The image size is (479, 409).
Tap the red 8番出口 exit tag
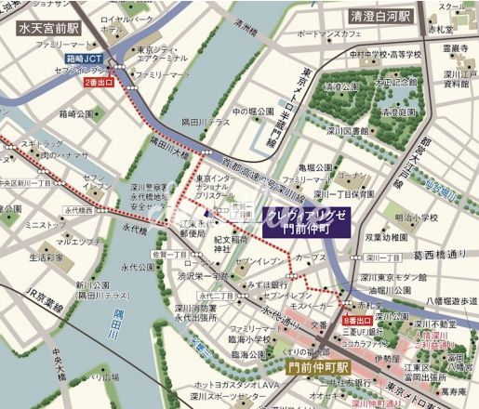click(357, 320)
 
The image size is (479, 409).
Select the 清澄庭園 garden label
click(341, 86)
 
